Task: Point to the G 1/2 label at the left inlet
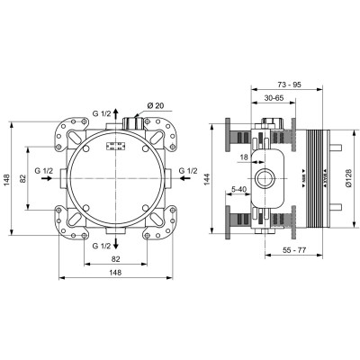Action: pos(43,170)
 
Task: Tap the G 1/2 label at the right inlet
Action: pos(187,170)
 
